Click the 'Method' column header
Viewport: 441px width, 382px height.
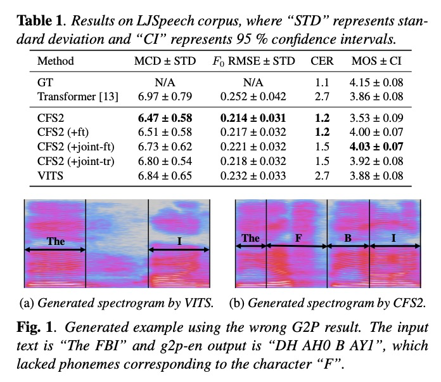[56, 62]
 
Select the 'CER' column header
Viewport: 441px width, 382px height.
[322, 62]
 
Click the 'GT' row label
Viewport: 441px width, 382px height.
[44, 83]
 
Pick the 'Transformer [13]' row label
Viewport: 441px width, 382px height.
[73, 96]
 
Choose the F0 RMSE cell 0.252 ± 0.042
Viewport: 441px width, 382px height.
[253, 96]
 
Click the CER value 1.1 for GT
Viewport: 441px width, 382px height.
[322, 83]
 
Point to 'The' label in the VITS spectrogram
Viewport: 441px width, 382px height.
[56, 242]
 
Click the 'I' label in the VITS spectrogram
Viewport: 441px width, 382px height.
[179, 242]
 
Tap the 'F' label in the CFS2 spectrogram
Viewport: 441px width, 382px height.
[297, 239]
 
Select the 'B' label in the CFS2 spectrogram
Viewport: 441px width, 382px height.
[348, 239]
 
